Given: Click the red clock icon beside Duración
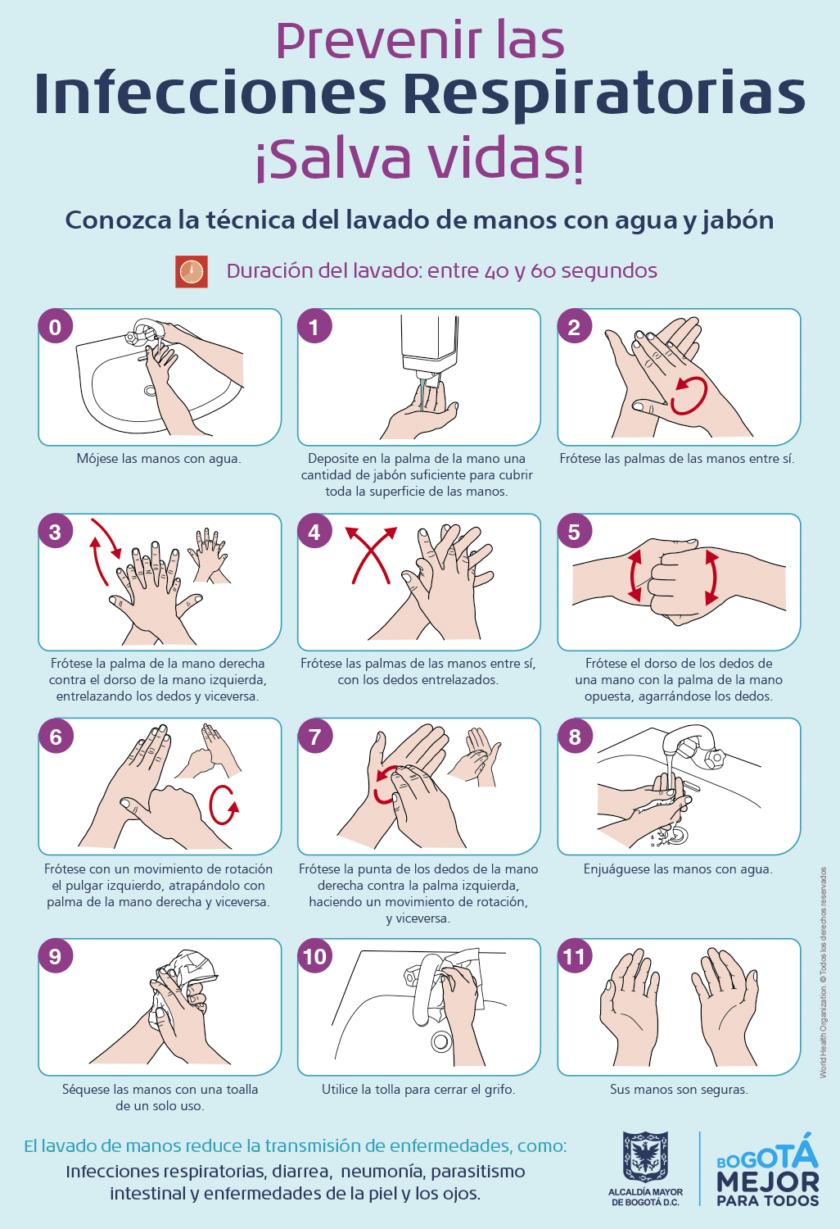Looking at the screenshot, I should tap(192, 271).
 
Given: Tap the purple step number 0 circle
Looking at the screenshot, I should tap(56, 327).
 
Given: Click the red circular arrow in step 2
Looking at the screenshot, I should tap(689, 396).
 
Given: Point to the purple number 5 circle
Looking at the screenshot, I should tap(574, 532).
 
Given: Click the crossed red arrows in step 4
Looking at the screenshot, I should tap(371, 555).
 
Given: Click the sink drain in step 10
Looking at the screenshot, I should tap(441, 1041).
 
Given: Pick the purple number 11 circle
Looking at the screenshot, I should tap(575, 956).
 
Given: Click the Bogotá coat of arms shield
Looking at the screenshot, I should tap(645, 1157).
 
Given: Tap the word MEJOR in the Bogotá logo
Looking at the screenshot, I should tap(767, 1181).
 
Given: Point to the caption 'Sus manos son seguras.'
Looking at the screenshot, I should tap(679, 1089).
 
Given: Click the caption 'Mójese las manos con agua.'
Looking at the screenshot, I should tap(159, 458).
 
